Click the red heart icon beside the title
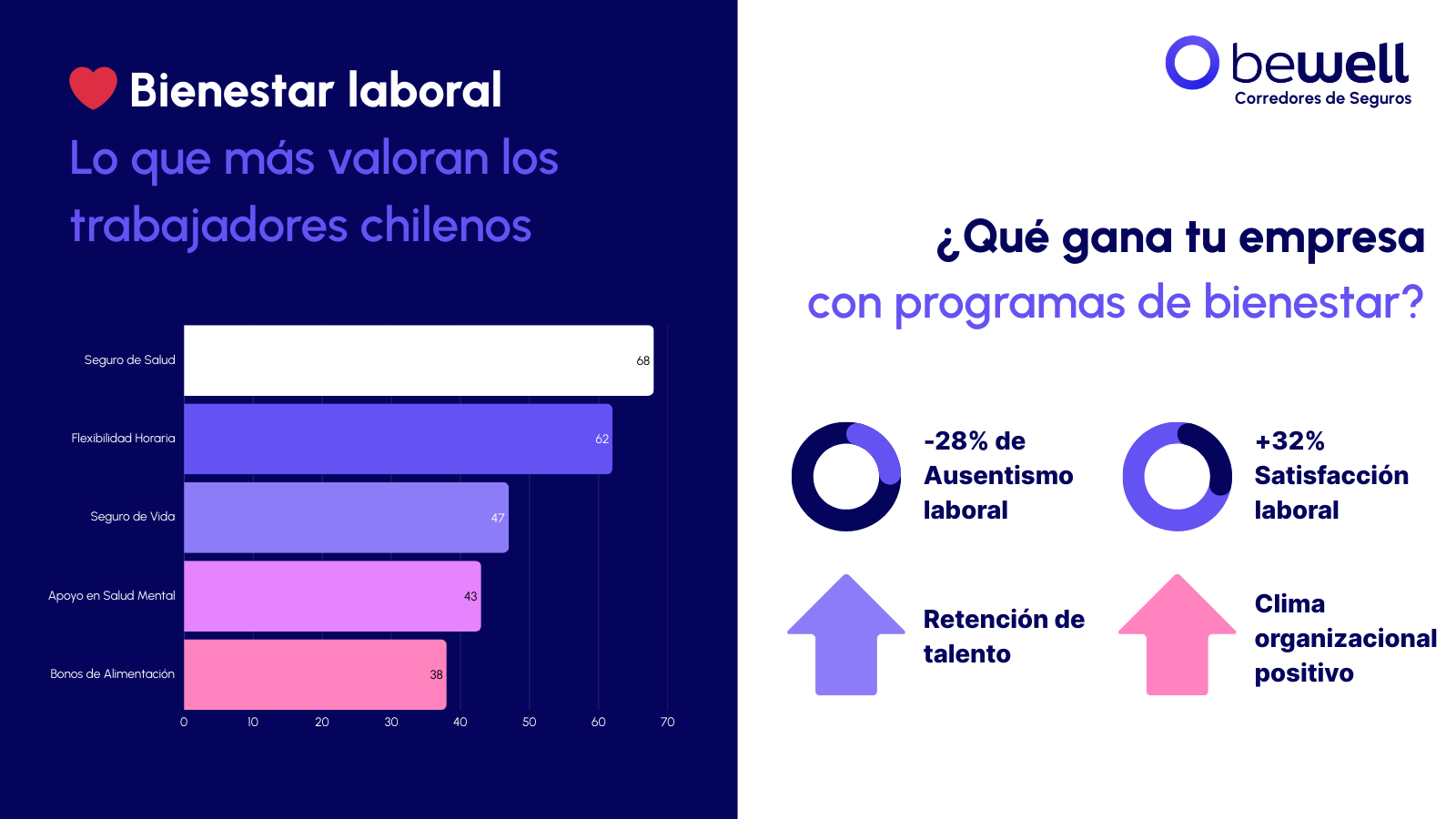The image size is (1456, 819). [93, 87]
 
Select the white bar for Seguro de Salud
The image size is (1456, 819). [419, 360]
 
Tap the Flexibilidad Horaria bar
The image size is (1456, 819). [398, 439]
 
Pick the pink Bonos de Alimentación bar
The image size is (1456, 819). [315, 674]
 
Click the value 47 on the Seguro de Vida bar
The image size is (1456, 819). [498, 518]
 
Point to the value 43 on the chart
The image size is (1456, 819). [470, 596]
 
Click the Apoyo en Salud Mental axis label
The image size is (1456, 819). [111, 595]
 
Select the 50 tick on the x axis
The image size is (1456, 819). [529, 722]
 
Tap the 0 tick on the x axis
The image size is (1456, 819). [184, 722]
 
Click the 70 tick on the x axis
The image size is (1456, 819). [667, 722]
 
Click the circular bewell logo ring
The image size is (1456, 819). [1192, 63]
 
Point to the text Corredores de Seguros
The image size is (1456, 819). [1322, 98]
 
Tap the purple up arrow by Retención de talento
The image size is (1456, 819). [846, 635]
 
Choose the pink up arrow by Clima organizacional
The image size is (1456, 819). [1177, 635]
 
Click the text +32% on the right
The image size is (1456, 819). [1289, 441]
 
